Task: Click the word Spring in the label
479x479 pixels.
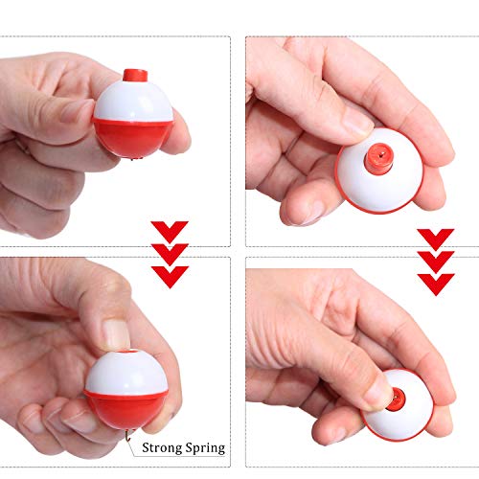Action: click(x=206, y=446)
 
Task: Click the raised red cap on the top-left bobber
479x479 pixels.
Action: click(x=134, y=75)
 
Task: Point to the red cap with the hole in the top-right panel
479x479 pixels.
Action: click(x=377, y=152)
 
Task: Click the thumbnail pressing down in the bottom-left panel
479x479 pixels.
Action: click(x=114, y=333)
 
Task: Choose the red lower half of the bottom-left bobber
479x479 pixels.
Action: click(x=125, y=407)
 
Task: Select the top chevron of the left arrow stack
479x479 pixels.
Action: click(x=170, y=231)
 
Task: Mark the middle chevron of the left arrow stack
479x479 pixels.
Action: click(x=170, y=254)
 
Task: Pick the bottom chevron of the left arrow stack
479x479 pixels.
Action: click(x=170, y=276)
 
